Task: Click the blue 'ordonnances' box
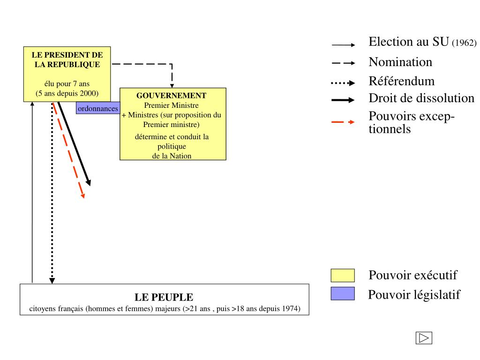[x=97, y=109]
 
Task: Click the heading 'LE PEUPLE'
[x=164, y=297]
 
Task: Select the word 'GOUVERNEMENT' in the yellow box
[x=172, y=96]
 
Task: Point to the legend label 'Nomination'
[x=400, y=62]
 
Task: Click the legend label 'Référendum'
[x=402, y=81]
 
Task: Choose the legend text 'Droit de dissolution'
[x=421, y=98]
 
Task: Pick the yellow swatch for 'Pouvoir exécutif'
[x=343, y=276]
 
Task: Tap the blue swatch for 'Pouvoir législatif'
[x=343, y=294]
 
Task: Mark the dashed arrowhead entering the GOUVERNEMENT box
[x=172, y=85]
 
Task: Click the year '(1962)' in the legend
[x=464, y=43]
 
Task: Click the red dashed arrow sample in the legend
[x=344, y=122]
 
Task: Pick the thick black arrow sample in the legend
[x=344, y=100]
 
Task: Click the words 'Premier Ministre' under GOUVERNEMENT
[x=172, y=105]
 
